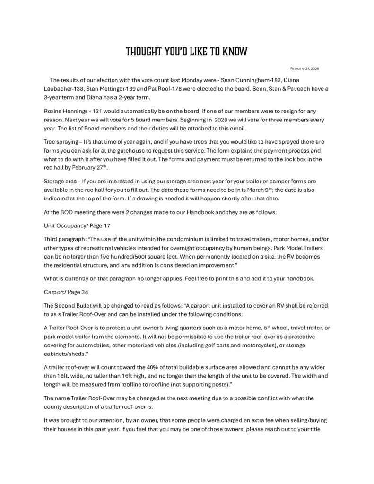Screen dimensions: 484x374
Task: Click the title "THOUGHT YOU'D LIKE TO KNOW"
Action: (x=186, y=52)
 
